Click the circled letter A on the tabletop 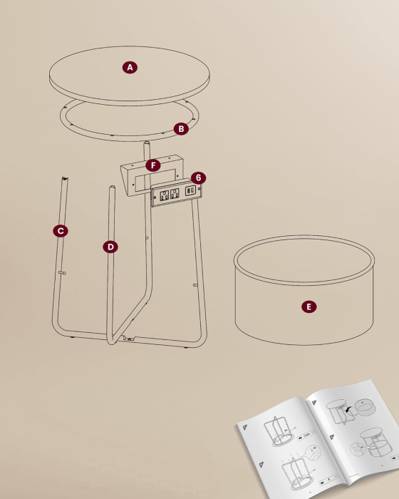(x=129, y=68)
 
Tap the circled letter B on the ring (x=181, y=129)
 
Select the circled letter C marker (x=61, y=230)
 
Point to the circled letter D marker (x=110, y=247)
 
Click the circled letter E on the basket (x=308, y=307)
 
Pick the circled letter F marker (x=152, y=165)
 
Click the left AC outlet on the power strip (x=164, y=194)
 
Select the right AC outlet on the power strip (x=175, y=192)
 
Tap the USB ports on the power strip (x=191, y=190)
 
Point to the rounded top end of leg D (x=112, y=189)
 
